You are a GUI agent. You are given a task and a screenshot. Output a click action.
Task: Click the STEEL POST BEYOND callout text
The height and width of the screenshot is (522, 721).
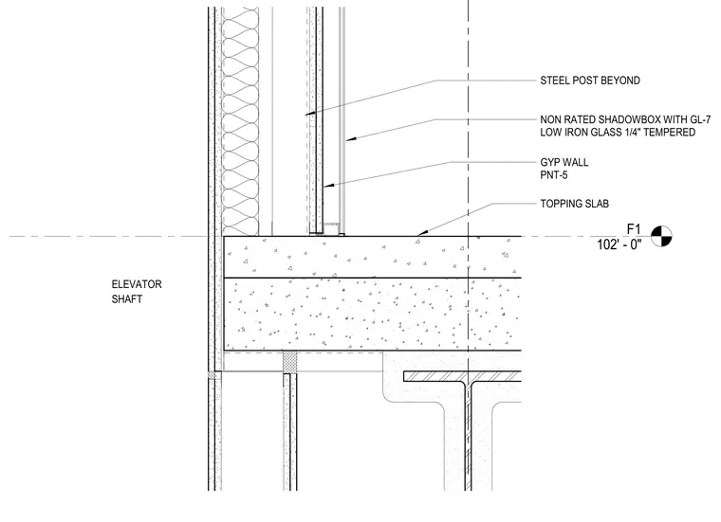point(590,81)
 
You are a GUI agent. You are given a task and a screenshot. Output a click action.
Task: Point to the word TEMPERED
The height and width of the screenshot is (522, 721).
point(670,133)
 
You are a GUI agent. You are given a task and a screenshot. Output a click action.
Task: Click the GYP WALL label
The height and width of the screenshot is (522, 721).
point(564,163)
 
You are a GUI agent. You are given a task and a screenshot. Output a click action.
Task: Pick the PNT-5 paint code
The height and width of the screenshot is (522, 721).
point(554,175)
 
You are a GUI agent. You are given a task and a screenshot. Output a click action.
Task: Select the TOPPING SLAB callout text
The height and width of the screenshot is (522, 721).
point(574,204)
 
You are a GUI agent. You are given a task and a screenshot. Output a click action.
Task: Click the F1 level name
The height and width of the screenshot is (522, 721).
point(634,229)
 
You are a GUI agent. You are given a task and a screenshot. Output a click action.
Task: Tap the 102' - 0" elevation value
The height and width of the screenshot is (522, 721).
point(619,244)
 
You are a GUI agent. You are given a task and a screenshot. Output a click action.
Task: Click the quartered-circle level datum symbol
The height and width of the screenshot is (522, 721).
point(661,237)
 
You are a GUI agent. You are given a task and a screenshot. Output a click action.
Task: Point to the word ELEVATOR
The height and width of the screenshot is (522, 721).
point(137,284)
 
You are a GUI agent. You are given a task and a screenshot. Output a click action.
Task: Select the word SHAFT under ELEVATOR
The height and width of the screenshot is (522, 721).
point(127,299)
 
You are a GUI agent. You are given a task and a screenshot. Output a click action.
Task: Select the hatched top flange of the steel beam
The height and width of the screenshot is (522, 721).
point(462,376)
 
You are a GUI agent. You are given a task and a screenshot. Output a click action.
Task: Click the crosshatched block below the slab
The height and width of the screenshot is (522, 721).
point(289,363)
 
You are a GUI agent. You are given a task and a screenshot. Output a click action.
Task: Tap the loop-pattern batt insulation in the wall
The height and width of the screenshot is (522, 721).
point(240,121)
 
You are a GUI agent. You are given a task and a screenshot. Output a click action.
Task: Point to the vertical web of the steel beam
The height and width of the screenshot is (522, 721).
point(468,436)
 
